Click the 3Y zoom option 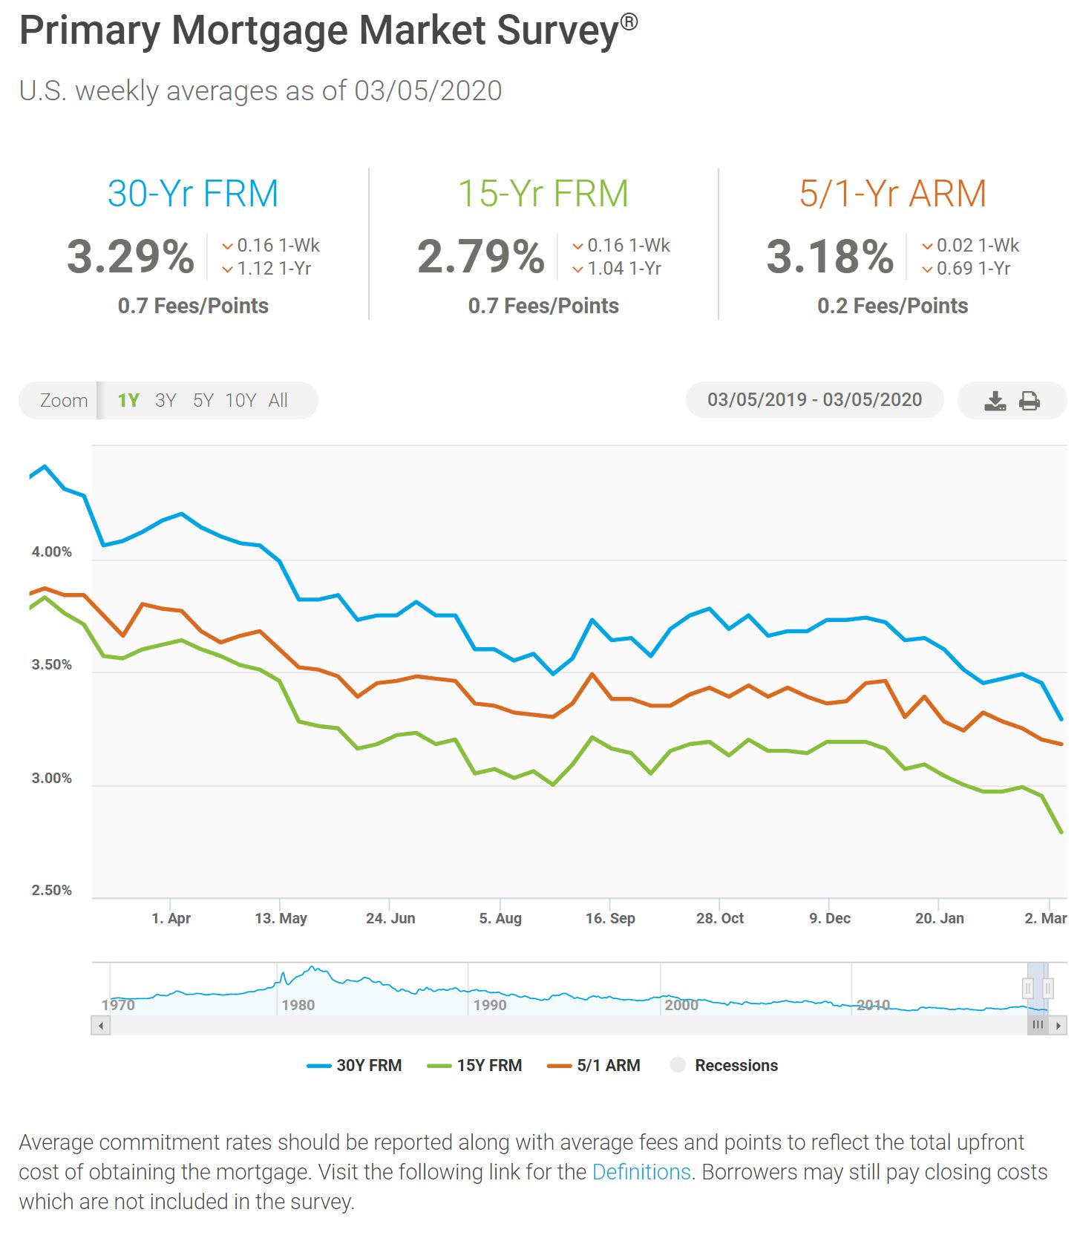[166, 401]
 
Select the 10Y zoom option [240, 401]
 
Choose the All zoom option [278, 401]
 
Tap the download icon [995, 402]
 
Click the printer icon [1030, 402]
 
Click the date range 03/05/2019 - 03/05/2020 [814, 400]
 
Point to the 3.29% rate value [131, 257]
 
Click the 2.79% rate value [481, 257]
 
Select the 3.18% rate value [830, 257]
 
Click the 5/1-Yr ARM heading [892, 194]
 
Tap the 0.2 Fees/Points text [892, 306]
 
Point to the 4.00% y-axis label [51, 552]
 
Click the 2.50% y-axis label [51, 890]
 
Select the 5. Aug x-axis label [500, 918]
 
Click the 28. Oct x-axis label [719, 918]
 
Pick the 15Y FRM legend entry [475, 1065]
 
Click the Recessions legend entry [724, 1065]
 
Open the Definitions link [641, 1172]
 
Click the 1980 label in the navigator [298, 1005]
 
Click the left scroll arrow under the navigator [101, 1026]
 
